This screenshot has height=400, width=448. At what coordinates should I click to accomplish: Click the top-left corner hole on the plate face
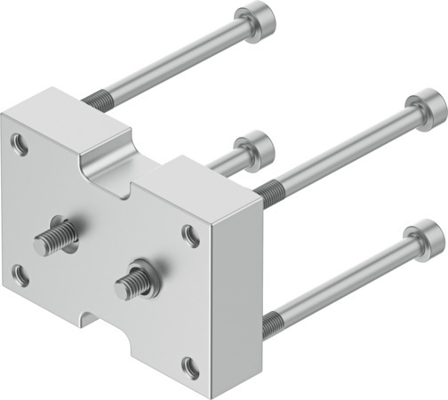[19, 140]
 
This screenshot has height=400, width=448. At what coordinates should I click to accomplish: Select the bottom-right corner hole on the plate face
[190, 365]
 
